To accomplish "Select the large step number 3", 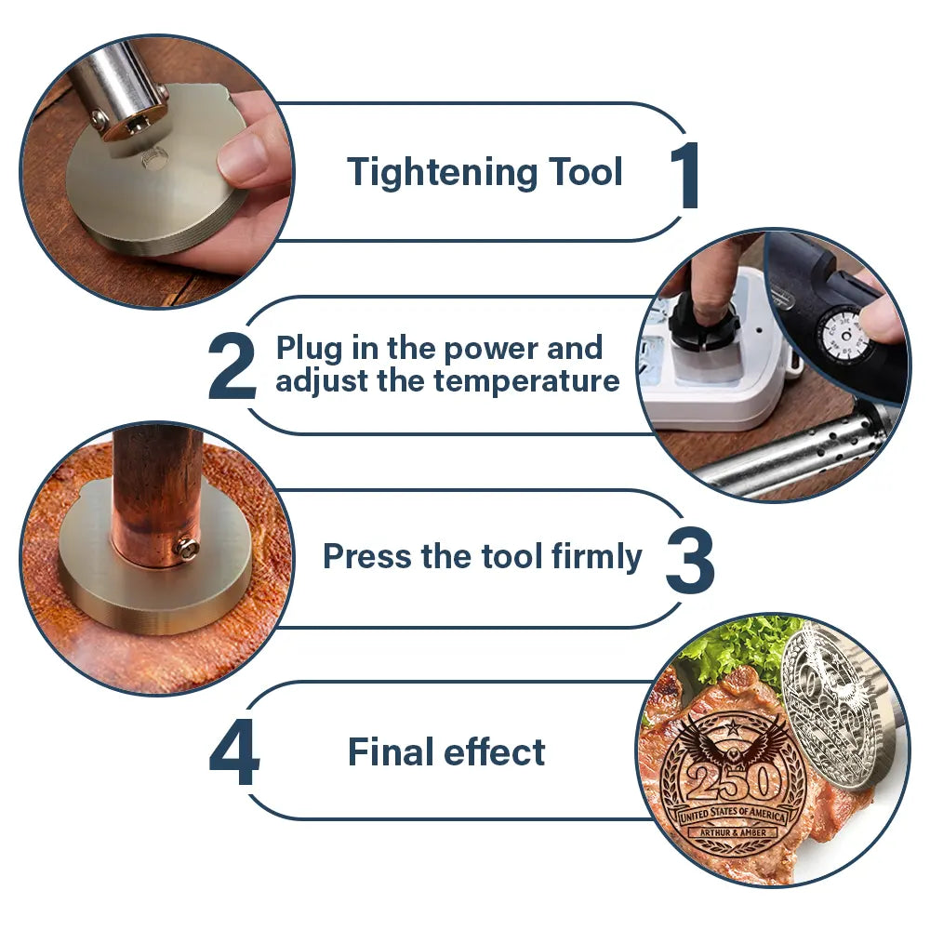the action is point(690,560).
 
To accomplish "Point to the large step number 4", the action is point(234,752).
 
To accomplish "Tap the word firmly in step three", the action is point(596,557).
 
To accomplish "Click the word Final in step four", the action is point(391,751).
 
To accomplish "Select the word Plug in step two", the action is point(310,349).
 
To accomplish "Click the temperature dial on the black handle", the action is point(846,337).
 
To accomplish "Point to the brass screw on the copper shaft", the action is point(188,550).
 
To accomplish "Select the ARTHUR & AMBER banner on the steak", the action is point(733,832).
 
